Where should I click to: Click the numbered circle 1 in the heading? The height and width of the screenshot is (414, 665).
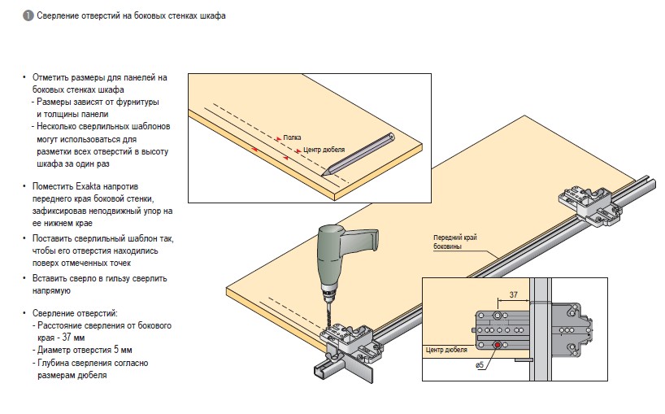pyautogui.click(x=28, y=15)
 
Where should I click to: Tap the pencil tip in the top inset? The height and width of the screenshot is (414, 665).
pyautogui.click(x=324, y=173)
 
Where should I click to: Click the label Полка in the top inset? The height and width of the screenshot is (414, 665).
pyautogui.click(x=292, y=137)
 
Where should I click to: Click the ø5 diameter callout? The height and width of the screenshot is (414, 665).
pyautogui.click(x=480, y=364)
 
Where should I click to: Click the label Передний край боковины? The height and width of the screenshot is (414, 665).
pyautogui.click(x=454, y=242)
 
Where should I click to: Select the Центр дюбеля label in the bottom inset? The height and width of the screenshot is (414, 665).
pyautogui.click(x=446, y=350)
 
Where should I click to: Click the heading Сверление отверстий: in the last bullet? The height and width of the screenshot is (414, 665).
pyautogui.click(x=76, y=312)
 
